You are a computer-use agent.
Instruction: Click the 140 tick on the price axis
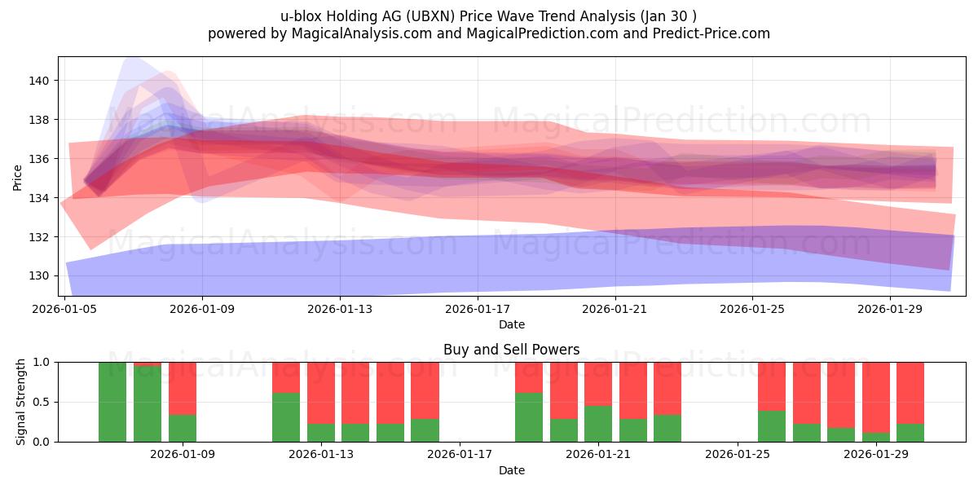40,81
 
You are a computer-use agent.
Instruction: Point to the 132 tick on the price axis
40,237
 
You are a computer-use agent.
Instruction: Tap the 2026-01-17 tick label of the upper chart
478,310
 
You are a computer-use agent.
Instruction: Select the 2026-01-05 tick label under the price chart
65,310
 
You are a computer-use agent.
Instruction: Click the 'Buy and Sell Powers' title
511,350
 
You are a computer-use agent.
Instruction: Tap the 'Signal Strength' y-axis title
21,402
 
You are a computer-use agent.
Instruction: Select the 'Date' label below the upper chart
511,324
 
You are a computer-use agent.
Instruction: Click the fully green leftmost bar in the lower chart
112,402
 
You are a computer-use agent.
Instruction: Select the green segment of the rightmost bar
910,433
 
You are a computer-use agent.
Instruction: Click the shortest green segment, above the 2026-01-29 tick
876,437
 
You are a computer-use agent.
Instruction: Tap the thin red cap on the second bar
148,363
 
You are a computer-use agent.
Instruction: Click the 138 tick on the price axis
40,120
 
